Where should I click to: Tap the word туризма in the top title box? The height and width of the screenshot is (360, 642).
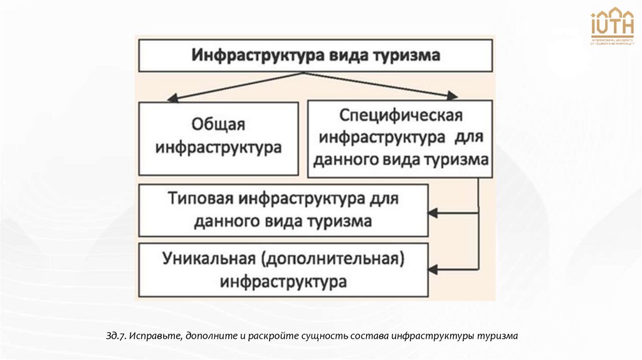point(409,55)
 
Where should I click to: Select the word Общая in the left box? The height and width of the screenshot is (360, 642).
point(219,125)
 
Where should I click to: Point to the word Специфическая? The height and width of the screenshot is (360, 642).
point(400,116)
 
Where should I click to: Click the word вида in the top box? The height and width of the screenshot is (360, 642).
point(344,55)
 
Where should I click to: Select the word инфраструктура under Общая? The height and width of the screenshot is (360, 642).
point(219,149)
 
